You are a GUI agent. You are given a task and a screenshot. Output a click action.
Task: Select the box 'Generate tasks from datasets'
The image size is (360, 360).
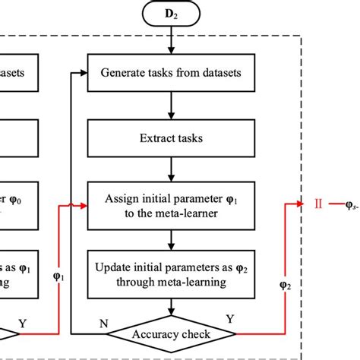[x=175, y=74]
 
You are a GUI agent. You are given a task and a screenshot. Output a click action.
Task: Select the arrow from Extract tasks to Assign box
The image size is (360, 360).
[x=175, y=175]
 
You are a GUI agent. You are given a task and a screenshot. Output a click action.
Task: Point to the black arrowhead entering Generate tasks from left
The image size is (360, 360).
[x=84, y=74]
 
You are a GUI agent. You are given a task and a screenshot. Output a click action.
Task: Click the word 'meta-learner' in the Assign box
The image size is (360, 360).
[x=201, y=215]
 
